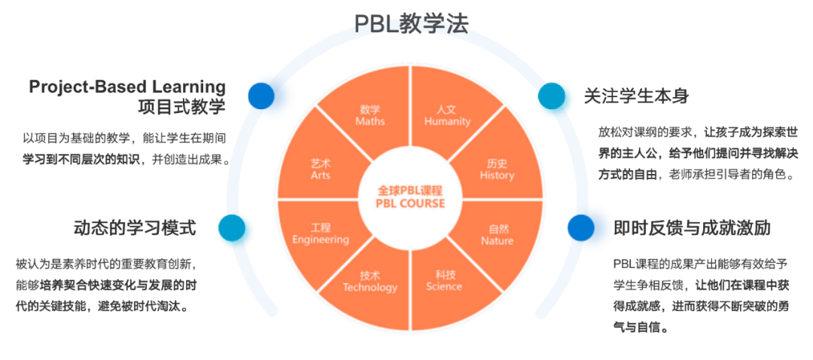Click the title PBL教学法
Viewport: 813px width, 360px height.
(x=411, y=23)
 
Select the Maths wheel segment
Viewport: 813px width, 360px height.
(x=370, y=115)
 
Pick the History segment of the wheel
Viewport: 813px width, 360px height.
(x=497, y=169)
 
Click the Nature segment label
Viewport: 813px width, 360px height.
(x=497, y=235)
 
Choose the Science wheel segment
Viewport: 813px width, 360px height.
(x=445, y=280)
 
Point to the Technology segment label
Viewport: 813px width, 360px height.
(x=370, y=282)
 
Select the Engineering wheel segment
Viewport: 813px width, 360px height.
(x=321, y=234)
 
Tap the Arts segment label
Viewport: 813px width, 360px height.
(x=321, y=169)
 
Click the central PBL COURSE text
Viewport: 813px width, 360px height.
(x=410, y=203)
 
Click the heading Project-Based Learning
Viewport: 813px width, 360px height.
(x=127, y=87)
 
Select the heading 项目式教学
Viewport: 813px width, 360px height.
(x=182, y=106)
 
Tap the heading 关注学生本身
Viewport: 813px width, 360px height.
(x=636, y=96)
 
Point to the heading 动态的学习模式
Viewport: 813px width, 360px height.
(x=135, y=227)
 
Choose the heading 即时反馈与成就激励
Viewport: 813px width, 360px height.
(x=692, y=227)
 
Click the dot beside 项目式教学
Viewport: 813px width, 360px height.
(x=262, y=96)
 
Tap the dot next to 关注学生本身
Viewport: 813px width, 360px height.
(x=551, y=95)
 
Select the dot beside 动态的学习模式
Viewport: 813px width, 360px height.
(x=232, y=227)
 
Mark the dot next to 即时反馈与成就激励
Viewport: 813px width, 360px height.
(x=580, y=227)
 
